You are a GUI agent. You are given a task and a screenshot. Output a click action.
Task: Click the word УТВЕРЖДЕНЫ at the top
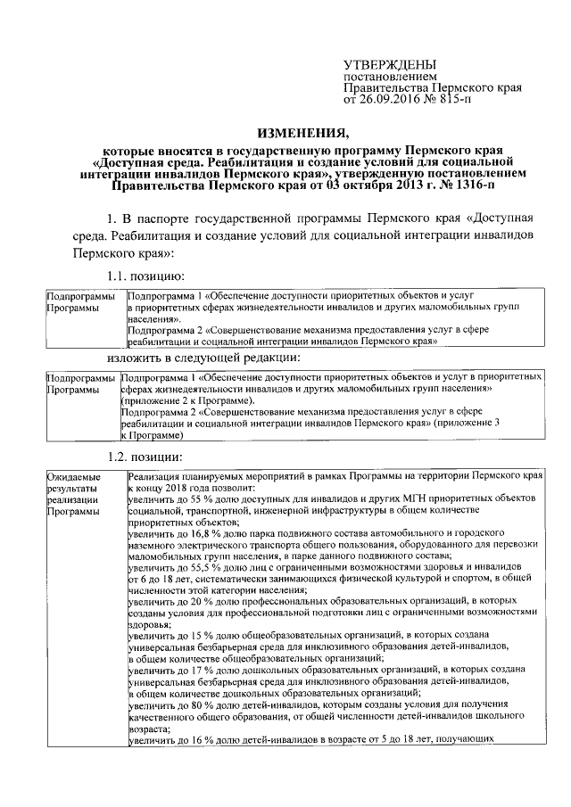pyautogui.click(x=391, y=64)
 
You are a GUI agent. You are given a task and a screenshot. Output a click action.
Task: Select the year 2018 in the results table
pyautogui.click(x=186, y=490)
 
